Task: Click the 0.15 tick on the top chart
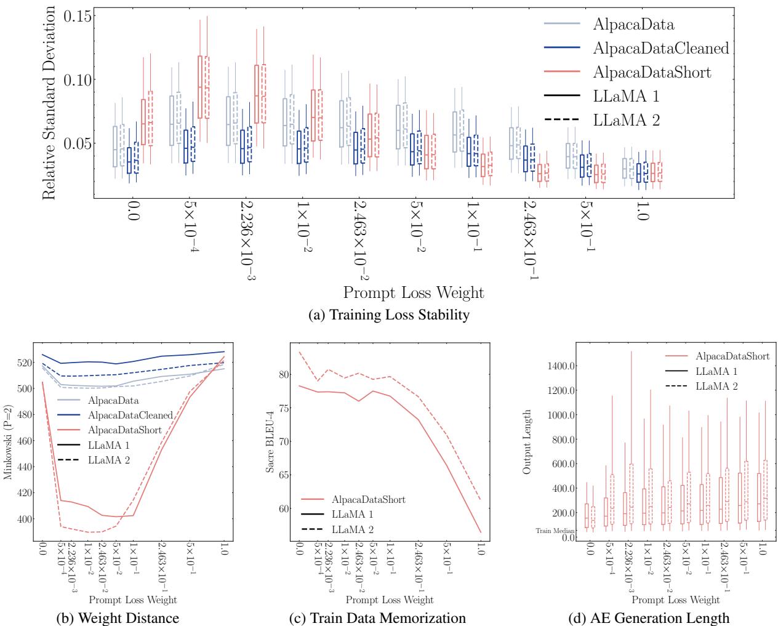(x=77, y=15)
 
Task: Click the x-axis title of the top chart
(x=414, y=292)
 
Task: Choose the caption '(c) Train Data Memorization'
(x=389, y=617)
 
